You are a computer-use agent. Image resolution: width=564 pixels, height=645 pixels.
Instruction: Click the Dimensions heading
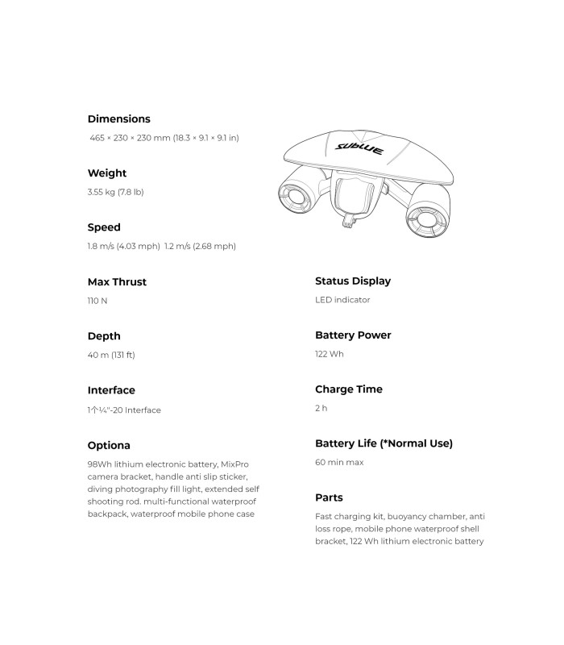(118, 119)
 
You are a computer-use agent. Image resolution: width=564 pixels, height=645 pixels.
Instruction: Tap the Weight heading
(107, 173)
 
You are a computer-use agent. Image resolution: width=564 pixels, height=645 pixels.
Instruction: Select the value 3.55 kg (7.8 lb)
(115, 192)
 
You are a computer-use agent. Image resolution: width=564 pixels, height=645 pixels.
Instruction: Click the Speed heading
(104, 227)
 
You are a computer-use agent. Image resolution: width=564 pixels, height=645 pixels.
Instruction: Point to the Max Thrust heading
(117, 282)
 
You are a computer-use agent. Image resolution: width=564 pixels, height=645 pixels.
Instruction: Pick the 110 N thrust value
(97, 301)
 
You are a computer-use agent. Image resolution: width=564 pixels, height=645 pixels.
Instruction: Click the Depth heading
(104, 336)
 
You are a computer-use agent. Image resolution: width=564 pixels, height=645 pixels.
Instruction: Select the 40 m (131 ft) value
(111, 355)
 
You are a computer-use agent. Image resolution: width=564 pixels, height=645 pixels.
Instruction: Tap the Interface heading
(111, 390)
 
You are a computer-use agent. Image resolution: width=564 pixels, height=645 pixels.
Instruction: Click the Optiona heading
(109, 445)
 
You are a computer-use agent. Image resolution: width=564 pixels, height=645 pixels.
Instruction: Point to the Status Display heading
(353, 281)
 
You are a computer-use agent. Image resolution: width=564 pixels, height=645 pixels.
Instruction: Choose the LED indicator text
(342, 300)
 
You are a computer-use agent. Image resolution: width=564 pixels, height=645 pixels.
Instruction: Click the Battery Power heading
(353, 335)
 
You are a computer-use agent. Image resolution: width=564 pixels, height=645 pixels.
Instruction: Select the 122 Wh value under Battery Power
(330, 354)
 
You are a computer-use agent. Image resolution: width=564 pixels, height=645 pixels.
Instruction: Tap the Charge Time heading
(349, 389)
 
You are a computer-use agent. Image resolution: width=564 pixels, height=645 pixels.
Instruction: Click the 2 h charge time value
(321, 408)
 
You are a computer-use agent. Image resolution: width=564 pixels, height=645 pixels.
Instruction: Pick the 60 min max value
(339, 463)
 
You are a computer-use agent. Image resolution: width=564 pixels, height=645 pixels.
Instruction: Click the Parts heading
(329, 498)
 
